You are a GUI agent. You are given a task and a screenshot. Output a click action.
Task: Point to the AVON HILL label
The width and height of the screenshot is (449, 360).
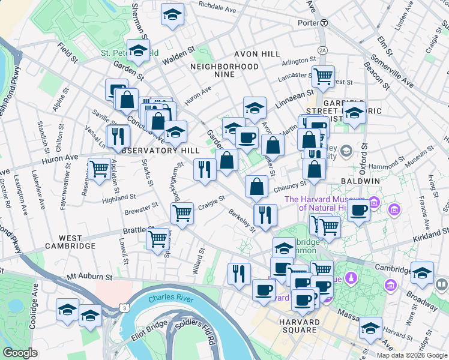[256, 54]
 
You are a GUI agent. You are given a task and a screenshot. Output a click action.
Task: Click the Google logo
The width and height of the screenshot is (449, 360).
[20, 353]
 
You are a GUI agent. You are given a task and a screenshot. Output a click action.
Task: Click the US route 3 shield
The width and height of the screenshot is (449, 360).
[124, 308]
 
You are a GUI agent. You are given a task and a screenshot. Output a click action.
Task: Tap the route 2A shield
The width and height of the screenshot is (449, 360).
[324, 50]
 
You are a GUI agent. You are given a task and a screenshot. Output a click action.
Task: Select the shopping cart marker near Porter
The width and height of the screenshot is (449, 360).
[323, 76]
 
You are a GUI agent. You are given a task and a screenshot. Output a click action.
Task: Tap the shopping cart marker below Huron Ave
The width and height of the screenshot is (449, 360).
[99, 169]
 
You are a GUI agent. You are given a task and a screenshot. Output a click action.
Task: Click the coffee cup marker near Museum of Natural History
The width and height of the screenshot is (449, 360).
[359, 211]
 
